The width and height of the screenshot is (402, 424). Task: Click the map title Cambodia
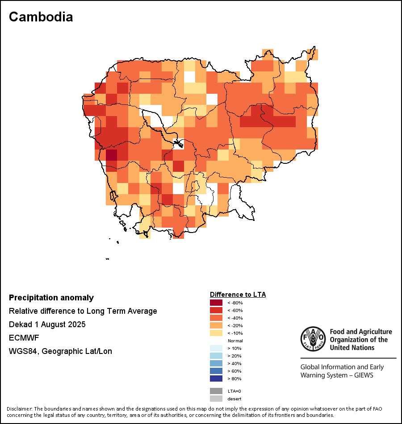point(41,17)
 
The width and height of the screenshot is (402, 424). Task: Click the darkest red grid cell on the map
point(111,155)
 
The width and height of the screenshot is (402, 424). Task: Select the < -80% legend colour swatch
point(216,303)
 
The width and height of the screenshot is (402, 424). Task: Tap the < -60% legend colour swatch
point(216,310)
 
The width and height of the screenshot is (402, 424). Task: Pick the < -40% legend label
point(234,318)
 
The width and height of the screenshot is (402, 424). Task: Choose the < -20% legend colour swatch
point(216,325)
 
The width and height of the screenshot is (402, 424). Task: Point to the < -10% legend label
point(234,333)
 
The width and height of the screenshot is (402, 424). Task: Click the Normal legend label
point(235,341)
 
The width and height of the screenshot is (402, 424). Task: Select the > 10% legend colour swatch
point(216,348)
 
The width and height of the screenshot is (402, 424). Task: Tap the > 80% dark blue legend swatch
point(216,378)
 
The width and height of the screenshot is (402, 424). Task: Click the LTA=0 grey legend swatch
point(216,391)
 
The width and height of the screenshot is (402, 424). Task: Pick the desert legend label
point(234,399)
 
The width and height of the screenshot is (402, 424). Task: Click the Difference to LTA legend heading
point(238,295)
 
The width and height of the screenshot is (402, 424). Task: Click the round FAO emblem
point(313,339)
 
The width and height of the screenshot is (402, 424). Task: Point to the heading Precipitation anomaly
point(51,298)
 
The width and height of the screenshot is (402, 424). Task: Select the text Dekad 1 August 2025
point(47,324)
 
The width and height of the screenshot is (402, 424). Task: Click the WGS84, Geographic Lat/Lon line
point(60,351)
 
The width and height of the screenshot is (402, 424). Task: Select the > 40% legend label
point(234,363)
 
